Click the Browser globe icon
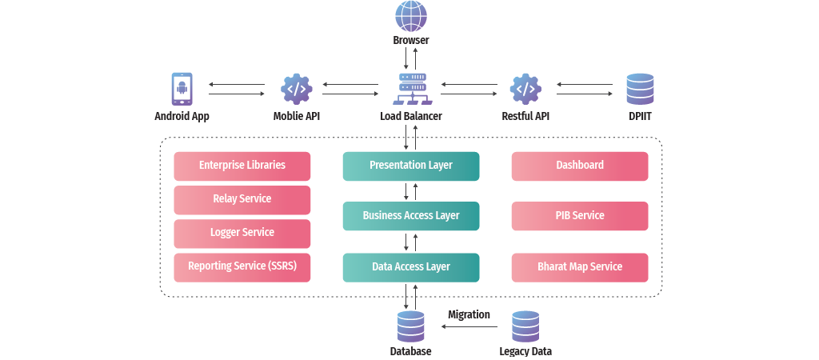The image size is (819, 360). [x=410, y=17]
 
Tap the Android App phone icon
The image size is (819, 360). [x=182, y=89]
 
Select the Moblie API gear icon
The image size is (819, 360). [x=296, y=89]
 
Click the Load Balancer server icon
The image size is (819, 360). [x=411, y=89]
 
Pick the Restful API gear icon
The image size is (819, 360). [x=525, y=89]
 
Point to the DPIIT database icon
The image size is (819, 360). [x=640, y=89]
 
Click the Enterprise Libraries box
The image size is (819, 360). [x=242, y=166]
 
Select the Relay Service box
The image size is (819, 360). [x=242, y=199]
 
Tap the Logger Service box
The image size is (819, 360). [x=242, y=233]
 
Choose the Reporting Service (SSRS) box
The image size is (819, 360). [x=242, y=267]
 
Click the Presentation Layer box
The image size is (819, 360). [x=411, y=166]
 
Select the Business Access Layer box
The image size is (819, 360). [x=411, y=216]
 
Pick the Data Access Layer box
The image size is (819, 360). [x=411, y=267]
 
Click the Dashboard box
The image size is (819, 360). [x=580, y=166]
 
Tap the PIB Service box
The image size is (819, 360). [x=580, y=216]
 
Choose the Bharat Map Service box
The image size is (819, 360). [x=580, y=267]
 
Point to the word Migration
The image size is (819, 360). [x=469, y=314]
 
